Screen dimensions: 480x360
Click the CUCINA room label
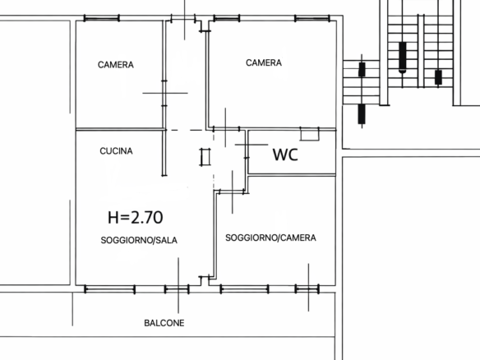point(116,151)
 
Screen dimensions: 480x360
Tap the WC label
point(285,155)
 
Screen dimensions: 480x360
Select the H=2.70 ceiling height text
point(136,217)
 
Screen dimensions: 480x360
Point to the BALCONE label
point(164,323)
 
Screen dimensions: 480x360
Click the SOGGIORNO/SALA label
point(139,240)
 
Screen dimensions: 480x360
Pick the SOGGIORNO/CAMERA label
point(270,238)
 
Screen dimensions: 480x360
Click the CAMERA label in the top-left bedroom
point(116,65)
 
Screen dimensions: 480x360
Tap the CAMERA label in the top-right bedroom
point(264,62)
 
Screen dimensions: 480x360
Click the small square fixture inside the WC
point(310,134)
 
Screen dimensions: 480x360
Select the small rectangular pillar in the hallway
point(205,157)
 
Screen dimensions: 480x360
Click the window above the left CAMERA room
point(102,18)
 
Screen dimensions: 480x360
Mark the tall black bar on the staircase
point(403,57)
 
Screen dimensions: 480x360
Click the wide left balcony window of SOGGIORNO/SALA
point(110,289)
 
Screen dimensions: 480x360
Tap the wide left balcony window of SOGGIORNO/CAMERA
point(245,289)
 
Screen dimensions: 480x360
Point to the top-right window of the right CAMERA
point(312,18)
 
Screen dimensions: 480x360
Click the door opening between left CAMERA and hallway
point(164,93)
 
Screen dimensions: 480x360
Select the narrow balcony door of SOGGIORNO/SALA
point(177,289)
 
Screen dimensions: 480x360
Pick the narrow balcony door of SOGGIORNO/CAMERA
point(307,289)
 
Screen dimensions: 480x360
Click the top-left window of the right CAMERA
point(227,18)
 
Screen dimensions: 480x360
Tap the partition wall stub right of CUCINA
point(164,153)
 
